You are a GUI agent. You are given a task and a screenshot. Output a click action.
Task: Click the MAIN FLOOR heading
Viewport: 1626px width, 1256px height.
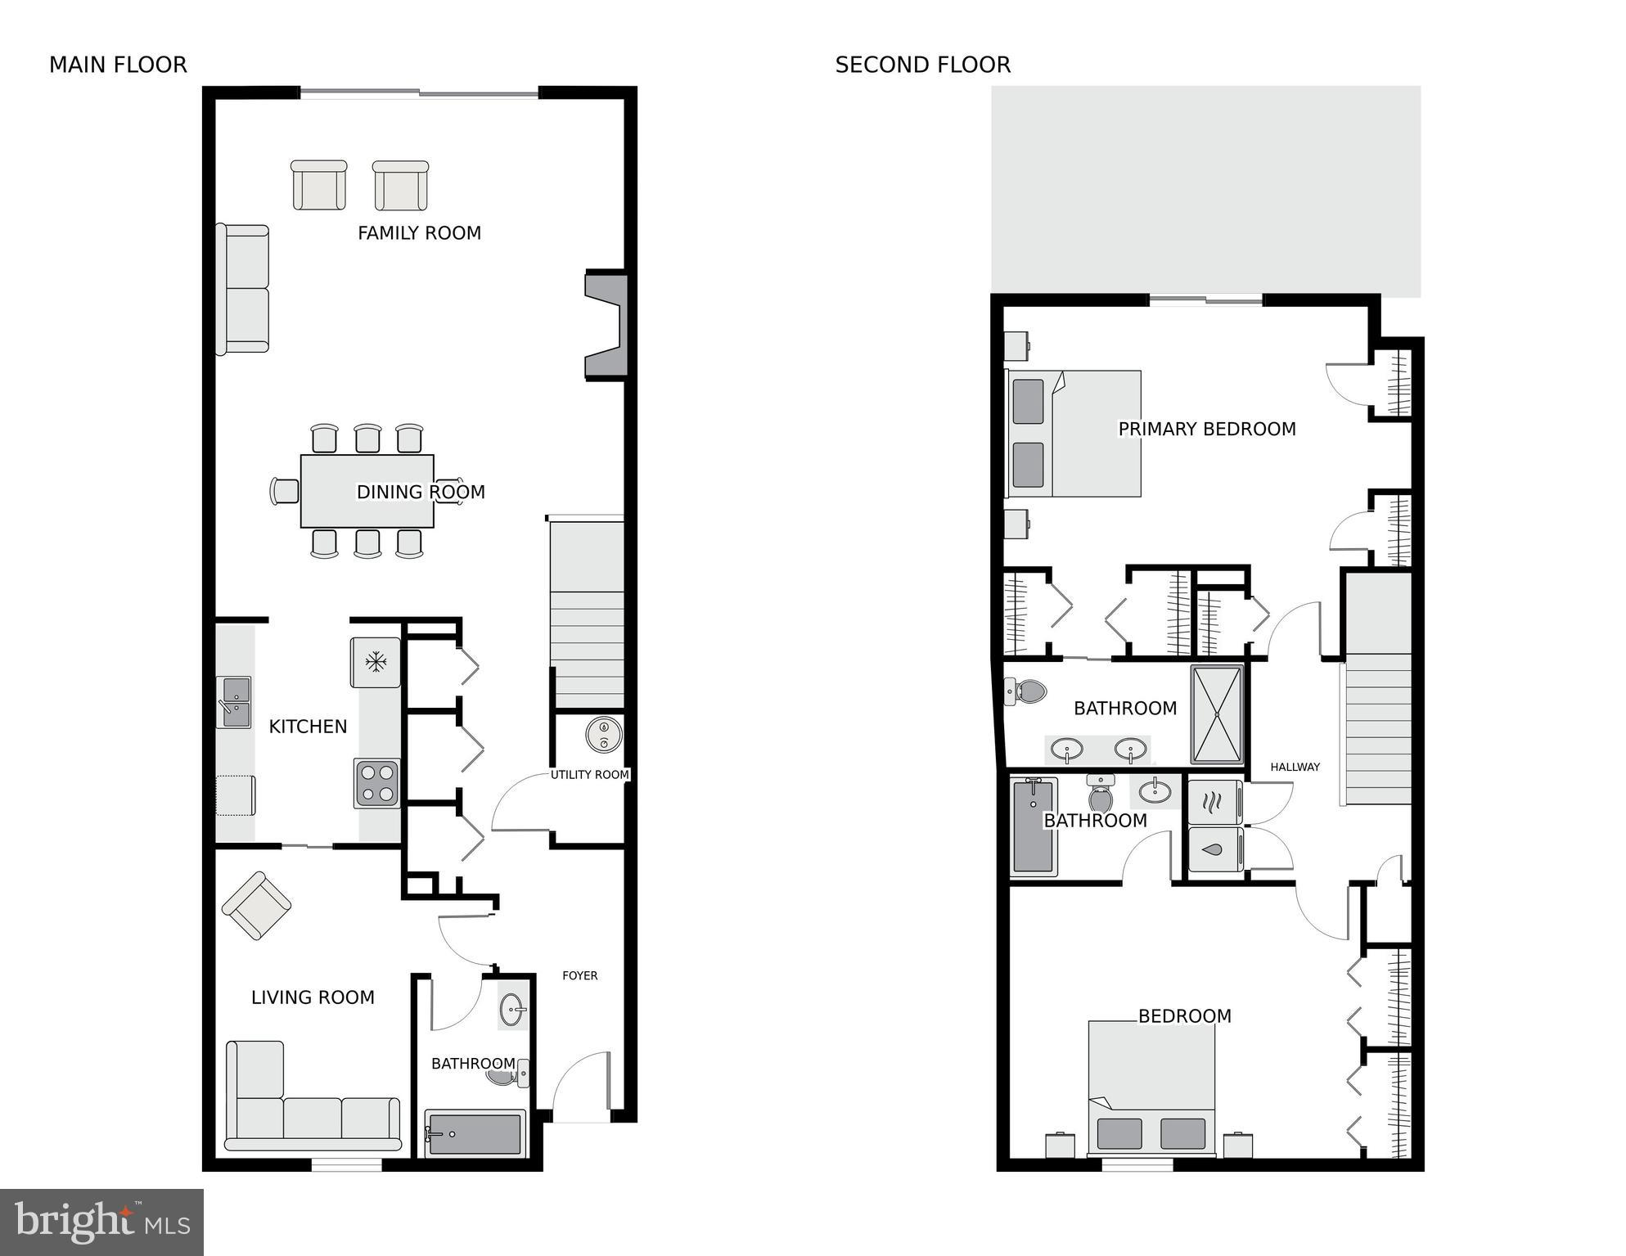point(118,65)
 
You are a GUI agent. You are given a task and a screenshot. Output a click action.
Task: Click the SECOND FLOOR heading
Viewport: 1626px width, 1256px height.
point(922,65)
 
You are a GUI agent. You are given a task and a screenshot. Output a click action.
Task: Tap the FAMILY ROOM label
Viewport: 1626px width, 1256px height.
point(419,233)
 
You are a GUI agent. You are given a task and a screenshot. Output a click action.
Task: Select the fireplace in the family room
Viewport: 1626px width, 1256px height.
point(606,326)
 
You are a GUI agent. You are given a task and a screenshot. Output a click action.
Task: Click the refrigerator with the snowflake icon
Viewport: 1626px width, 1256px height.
point(376,662)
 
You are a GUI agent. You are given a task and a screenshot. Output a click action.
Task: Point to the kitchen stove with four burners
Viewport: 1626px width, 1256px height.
point(377,783)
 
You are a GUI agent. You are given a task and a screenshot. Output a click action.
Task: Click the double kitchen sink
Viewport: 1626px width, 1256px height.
point(233,702)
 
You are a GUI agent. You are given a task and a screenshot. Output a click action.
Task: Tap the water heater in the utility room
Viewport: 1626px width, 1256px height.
point(604,735)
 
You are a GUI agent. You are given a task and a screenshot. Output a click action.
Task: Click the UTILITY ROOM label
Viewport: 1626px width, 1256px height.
point(589,774)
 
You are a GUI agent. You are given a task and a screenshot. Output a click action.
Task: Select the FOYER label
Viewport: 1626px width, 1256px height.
point(579,975)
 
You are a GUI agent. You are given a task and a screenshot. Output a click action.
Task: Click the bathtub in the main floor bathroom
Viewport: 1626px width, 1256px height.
point(475,1133)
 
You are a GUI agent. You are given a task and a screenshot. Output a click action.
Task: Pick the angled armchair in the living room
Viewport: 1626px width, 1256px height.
point(257,905)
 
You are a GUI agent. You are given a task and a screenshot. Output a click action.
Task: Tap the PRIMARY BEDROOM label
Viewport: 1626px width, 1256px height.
point(1206,429)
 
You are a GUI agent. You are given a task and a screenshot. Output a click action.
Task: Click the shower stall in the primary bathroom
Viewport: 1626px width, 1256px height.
point(1217,714)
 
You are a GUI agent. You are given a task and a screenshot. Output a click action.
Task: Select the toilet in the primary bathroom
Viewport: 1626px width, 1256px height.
point(1026,691)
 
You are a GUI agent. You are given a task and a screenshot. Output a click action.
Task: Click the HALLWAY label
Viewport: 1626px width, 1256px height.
point(1295,767)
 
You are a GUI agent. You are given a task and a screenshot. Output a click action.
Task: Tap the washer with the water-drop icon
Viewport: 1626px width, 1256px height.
point(1214,849)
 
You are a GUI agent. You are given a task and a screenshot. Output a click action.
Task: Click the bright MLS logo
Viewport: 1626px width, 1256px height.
point(101,1222)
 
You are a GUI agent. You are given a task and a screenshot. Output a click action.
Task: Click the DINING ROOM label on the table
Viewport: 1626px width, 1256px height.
point(421,492)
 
